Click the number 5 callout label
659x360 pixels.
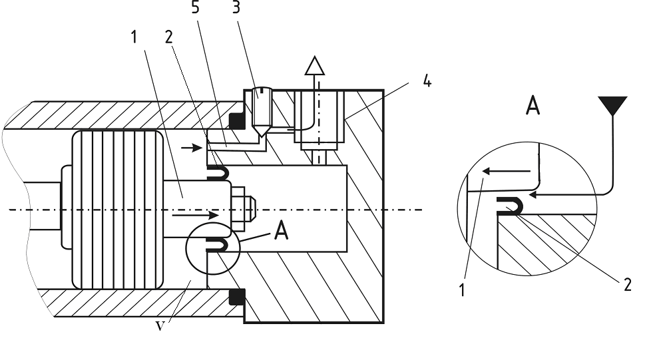click(196, 7)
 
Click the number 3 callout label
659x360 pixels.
click(236, 7)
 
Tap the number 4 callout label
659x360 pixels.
click(427, 81)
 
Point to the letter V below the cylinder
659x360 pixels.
click(160, 326)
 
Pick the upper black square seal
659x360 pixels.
click(237, 121)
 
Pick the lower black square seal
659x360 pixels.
click(237, 297)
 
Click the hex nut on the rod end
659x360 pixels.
click(238, 208)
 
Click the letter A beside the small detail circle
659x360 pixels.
click(281, 231)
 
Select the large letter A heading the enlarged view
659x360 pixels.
click(533, 105)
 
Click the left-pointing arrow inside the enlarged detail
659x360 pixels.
click(506, 171)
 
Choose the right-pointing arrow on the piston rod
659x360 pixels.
click(196, 215)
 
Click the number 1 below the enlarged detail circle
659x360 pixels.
click(463, 290)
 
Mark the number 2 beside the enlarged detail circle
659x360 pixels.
click(628, 285)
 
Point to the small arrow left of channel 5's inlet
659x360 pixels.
click(191, 148)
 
